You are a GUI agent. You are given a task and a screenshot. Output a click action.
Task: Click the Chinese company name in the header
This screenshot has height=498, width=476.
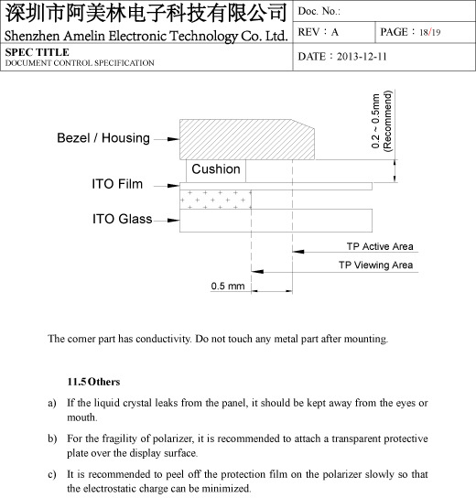tap(146, 14)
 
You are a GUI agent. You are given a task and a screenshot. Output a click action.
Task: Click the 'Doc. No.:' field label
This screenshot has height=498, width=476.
tap(320, 11)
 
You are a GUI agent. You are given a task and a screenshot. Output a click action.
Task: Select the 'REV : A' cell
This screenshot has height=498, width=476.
tap(319, 32)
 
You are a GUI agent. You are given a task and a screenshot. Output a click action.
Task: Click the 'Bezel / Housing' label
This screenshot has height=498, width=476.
tap(103, 138)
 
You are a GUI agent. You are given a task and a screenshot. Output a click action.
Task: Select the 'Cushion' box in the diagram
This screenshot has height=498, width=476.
tap(216, 169)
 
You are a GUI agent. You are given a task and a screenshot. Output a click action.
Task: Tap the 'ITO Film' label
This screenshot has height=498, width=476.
tap(117, 185)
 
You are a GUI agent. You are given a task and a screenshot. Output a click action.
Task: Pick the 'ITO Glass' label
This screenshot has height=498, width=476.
tap(122, 220)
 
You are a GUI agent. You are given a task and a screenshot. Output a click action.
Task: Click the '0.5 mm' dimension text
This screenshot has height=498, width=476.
tap(228, 287)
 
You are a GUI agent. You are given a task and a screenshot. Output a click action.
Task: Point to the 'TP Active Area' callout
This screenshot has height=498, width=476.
tap(379, 247)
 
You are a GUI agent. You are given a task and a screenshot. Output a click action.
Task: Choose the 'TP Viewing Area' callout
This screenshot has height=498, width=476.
tap(375, 265)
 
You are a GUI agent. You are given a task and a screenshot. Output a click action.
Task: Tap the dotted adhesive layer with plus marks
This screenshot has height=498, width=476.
tap(216, 199)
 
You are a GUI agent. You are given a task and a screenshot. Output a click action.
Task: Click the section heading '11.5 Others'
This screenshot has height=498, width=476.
tap(93, 380)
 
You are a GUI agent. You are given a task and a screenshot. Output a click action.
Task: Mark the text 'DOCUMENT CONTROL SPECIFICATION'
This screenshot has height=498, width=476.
tap(80, 63)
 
